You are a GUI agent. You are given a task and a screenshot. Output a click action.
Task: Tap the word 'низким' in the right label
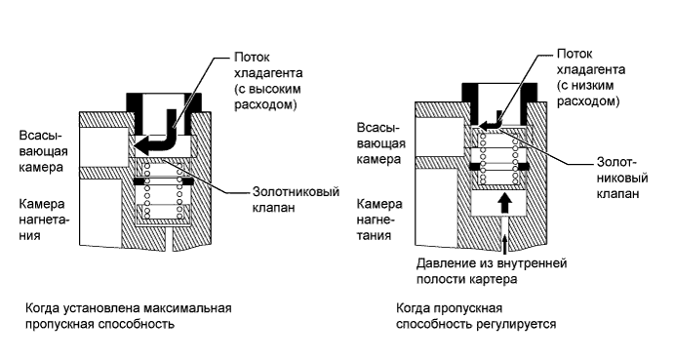[x=591, y=85]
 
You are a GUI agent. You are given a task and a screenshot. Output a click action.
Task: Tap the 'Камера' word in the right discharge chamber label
[x=376, y=206]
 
